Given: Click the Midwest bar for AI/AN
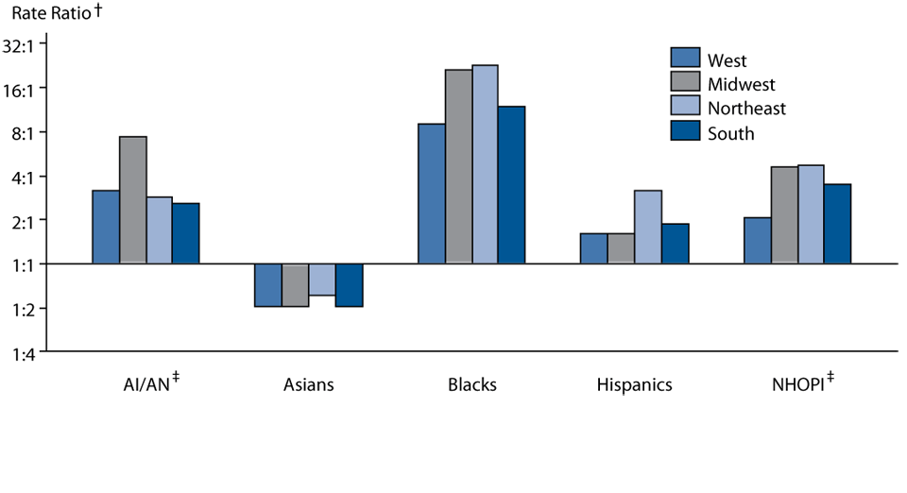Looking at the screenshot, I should click(x=132, y=200).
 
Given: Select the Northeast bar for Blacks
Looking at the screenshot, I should click(x=485, y=164).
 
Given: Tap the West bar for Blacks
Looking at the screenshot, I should click(x=431, y=194).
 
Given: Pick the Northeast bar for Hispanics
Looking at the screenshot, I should click(x=647, y=227).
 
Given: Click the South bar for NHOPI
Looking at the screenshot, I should click(x=838, y=224).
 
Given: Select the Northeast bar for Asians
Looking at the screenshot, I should click(x=322, y=280).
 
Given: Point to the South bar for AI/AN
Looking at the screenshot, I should click(x=186, y=233).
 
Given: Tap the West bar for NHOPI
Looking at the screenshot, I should click(x=757, y=241).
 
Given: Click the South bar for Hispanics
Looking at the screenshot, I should click(x=675, y=244).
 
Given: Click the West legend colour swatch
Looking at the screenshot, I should click(x=685, y=59).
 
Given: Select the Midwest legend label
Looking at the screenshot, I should click(x=743, y=85).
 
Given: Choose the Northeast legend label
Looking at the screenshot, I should click(x=746, y=109).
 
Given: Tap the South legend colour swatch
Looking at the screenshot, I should click(x=685, y=131).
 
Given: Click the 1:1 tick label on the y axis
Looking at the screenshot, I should click(x=35, y=264).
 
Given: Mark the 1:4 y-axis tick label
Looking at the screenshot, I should click(x=35, y=352).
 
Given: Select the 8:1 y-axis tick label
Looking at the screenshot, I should click(x=35, y=133).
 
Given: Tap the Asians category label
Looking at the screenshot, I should click(x=308, y=384).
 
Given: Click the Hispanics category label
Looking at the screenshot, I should click(x=634, y=384).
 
